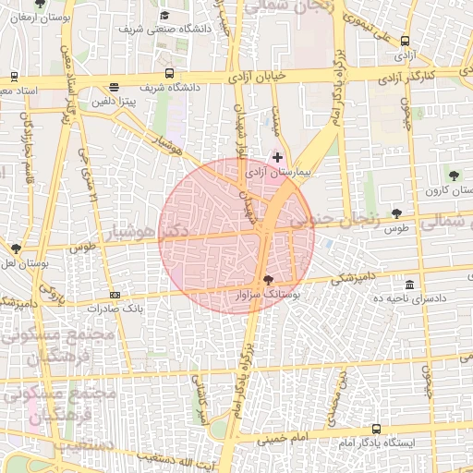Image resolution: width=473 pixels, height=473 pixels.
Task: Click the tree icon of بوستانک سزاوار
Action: (x=268, y=279)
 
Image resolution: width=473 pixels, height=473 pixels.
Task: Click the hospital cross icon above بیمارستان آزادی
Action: (x=277, y=158)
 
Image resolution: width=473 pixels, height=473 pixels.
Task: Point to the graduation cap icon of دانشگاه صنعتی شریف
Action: (x=164, y=15)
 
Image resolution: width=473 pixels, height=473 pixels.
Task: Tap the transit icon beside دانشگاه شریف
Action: (x=169, y=73)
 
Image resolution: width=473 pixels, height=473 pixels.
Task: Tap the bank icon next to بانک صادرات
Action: (x=114, y=295)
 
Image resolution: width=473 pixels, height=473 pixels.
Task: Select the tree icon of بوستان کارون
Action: (x=453, y=175)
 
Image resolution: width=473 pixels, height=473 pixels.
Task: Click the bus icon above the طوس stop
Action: (x=397, y=213)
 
